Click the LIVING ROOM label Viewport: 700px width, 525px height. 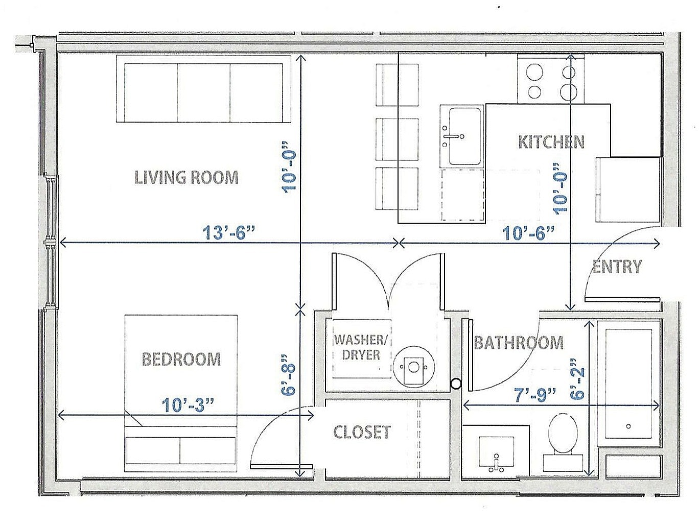click(x=186, y=177)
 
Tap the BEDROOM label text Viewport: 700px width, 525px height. click(x=181, y=359)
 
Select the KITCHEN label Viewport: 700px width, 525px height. click(x=551, y=141)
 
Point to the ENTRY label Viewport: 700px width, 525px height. click(x=617, y=266)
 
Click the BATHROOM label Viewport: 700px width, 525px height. click(x=519, y=342)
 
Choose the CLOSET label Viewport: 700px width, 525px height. click(x=362, y=432)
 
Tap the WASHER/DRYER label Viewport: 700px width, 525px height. click(x=361, y=347)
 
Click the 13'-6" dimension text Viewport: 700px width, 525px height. click(x=228, y=233)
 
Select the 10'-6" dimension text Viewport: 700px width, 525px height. click(x=528, y=233)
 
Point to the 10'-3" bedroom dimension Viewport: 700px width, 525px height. click(x=188, y=404)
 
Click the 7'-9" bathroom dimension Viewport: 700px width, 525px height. click(x=535, y=395)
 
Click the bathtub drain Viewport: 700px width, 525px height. click(x=628, y=426)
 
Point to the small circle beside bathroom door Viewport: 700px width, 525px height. click(x=456, y=384)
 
